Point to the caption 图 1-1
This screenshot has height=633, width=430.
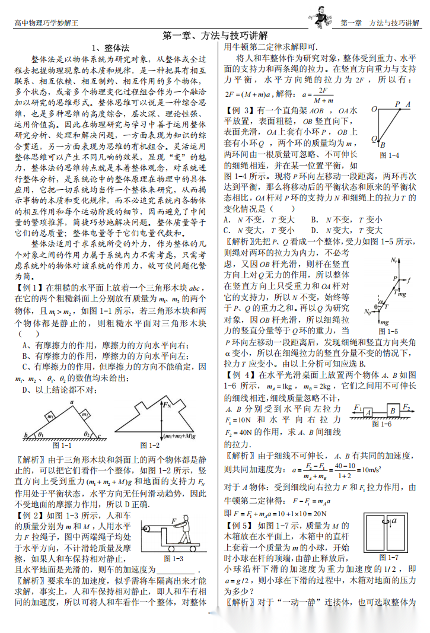[62, 445]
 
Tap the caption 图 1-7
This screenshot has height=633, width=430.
[388, 558]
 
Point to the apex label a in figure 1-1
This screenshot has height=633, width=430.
[71, 402]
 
